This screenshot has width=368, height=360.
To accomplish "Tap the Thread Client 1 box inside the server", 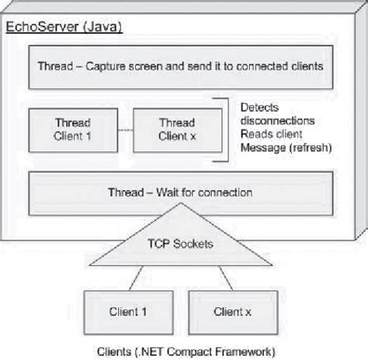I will click(73, 129).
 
